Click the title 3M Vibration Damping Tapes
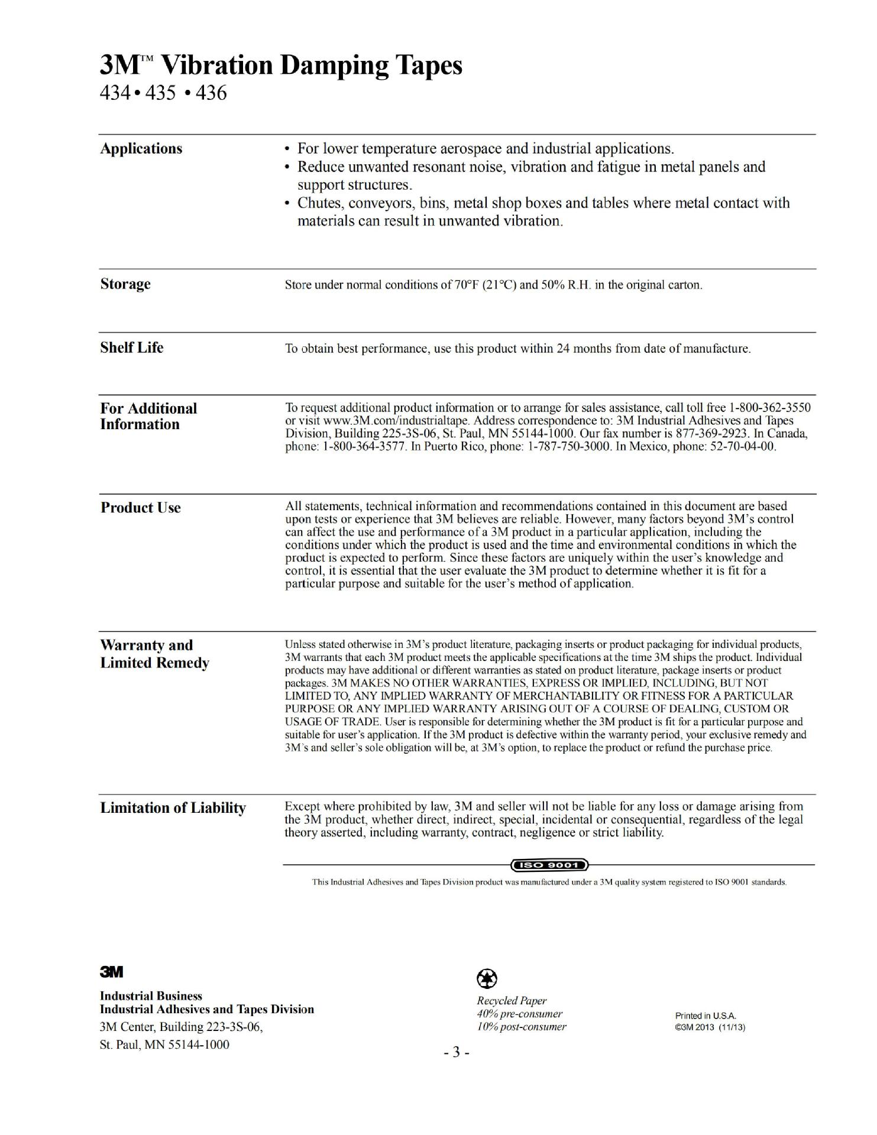(x=281, y=65)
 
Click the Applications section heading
(x=141, y=148)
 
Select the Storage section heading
(x=125, y=284)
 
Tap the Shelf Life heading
(x=132, y=348)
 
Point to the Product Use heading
(x=141, y=508)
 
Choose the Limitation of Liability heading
(x=173, y=808)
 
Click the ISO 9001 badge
(x=550, y=865)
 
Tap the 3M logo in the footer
(x=111, y=972)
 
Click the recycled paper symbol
(x=487, y=979)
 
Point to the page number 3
(x=457, y=1053)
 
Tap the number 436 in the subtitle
(x=211, y=93)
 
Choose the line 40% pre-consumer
(x=519, y=1014)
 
